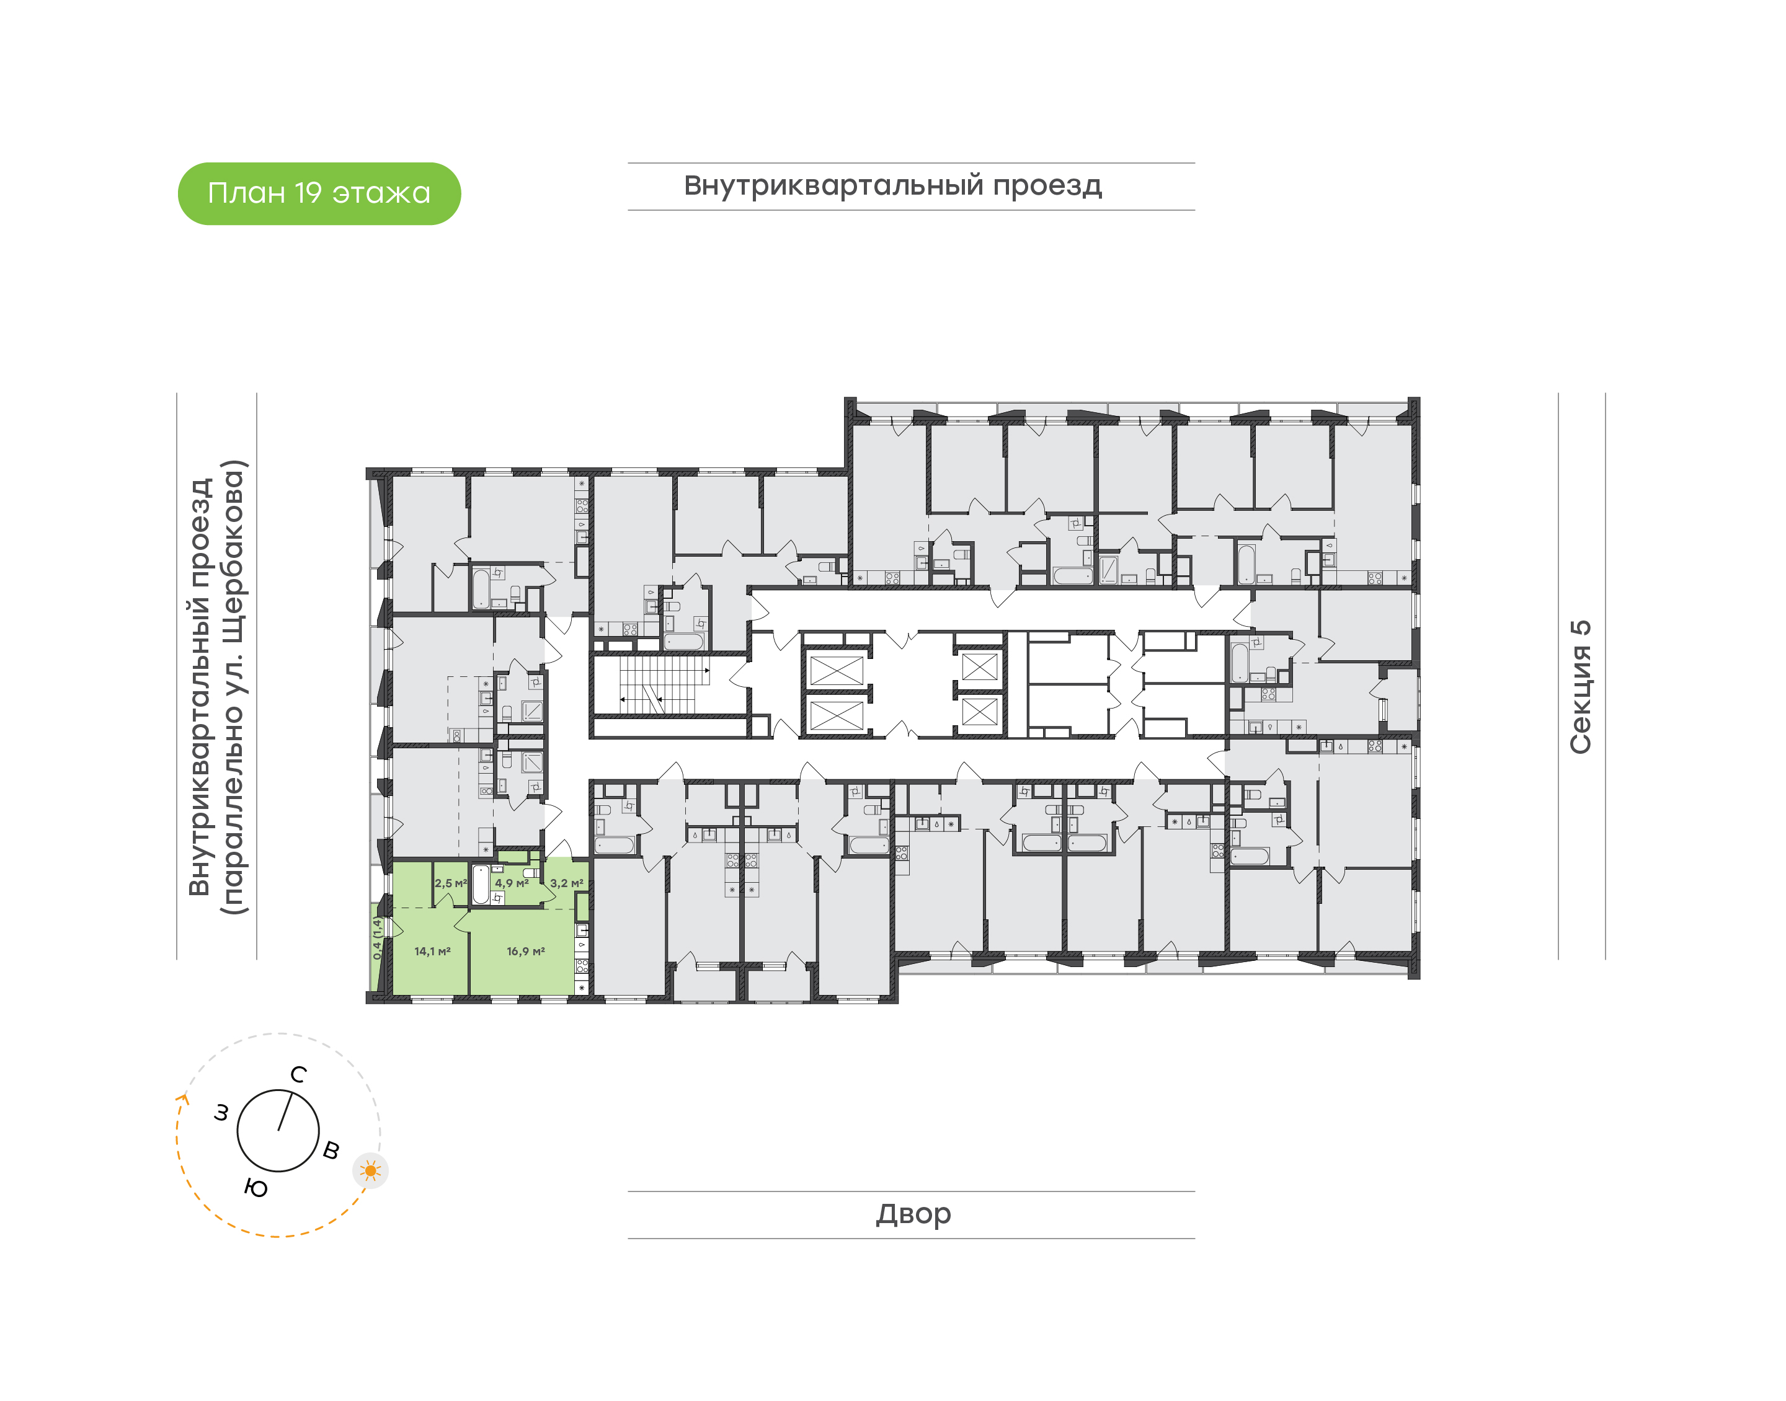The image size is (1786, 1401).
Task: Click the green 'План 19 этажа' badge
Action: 319,193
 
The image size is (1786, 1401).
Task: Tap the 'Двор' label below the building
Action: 913,1214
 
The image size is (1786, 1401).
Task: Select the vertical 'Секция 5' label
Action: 1580,687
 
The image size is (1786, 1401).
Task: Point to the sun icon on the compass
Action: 371,1170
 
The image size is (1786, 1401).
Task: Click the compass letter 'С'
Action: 299,1074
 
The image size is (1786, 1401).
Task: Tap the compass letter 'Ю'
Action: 256,1188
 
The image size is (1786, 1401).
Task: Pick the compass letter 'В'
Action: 331,1150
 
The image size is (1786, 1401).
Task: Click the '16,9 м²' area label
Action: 526,952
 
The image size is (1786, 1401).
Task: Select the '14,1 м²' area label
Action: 432,952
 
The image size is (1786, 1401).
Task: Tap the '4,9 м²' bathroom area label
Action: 512,883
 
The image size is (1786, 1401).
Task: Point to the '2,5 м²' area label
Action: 450,883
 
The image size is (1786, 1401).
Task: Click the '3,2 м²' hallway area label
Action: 567,883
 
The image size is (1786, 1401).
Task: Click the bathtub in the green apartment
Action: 481,884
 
